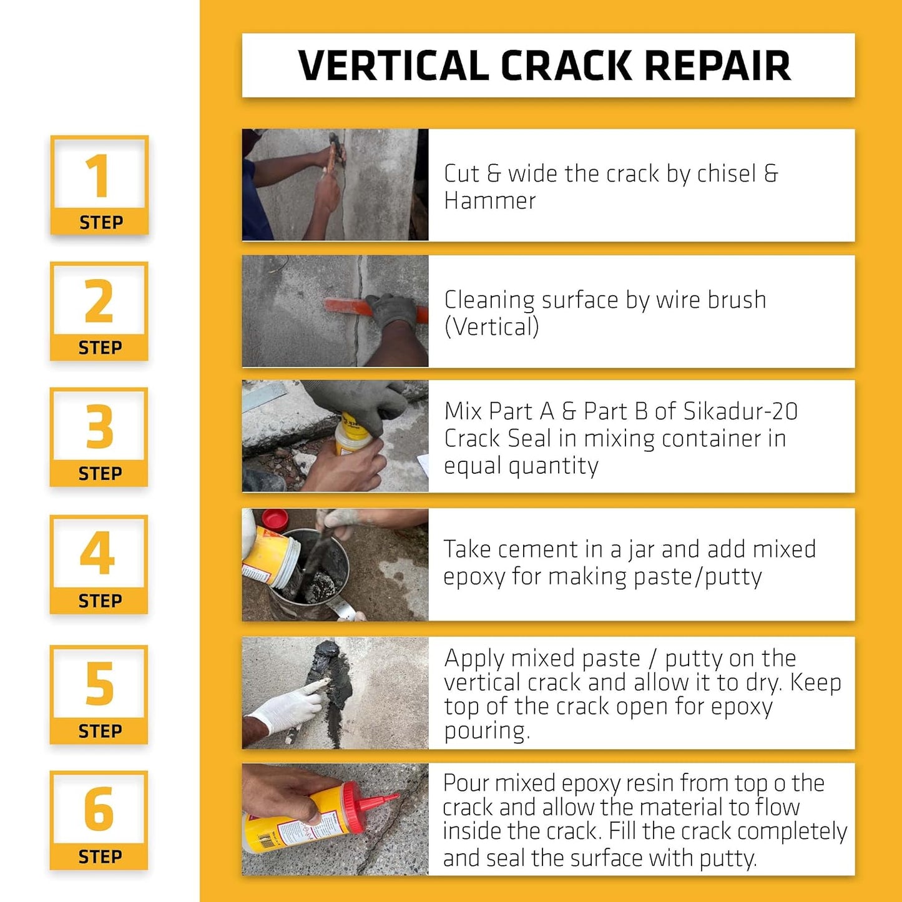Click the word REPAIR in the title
click(x=717, y=66)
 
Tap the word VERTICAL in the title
click(x=393, y=66)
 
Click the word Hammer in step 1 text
click(x=489, y=201)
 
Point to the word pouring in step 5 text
click(x=486, y=731)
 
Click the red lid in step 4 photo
click(x=275, y=519)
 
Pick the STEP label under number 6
click(x=100, y=857)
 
